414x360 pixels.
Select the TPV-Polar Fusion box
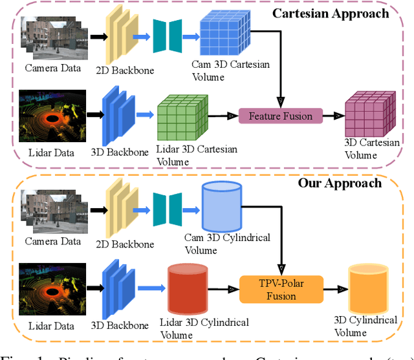point(281,289)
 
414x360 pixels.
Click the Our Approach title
point(340,183)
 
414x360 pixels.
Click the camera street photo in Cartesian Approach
point(52,36)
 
